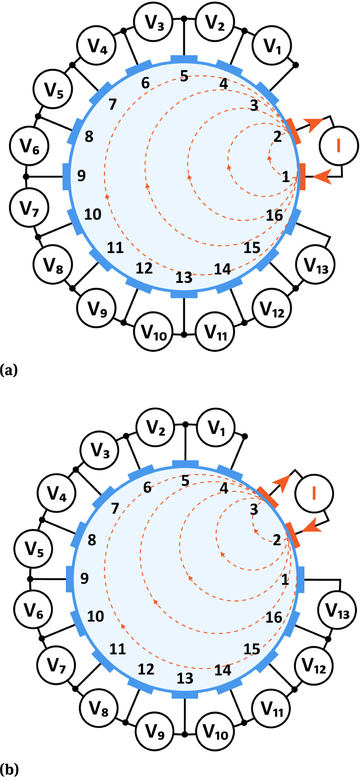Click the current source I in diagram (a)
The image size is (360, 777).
(338, 146)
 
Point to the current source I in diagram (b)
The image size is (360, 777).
(314, 493)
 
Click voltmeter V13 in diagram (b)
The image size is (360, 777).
(337, 610)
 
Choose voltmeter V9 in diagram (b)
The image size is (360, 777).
(155, 732)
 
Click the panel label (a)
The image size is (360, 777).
(9, 370)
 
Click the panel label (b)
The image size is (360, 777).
(9, 769)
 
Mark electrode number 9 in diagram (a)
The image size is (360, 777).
(81, 175)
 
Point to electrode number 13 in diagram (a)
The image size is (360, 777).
(184, 278)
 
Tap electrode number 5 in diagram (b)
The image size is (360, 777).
(185, 481)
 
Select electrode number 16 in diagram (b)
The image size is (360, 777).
(273, 617)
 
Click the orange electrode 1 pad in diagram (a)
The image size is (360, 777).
(302, 177)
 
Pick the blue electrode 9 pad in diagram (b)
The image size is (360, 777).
(69, 579)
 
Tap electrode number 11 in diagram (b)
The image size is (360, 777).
(117, 649)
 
